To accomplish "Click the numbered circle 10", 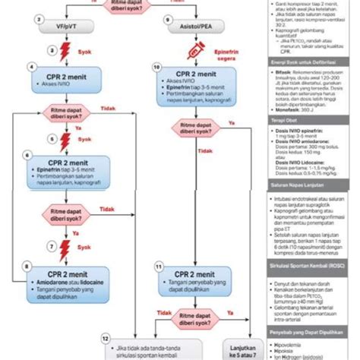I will (156, 68).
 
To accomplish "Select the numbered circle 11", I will (157, 267).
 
